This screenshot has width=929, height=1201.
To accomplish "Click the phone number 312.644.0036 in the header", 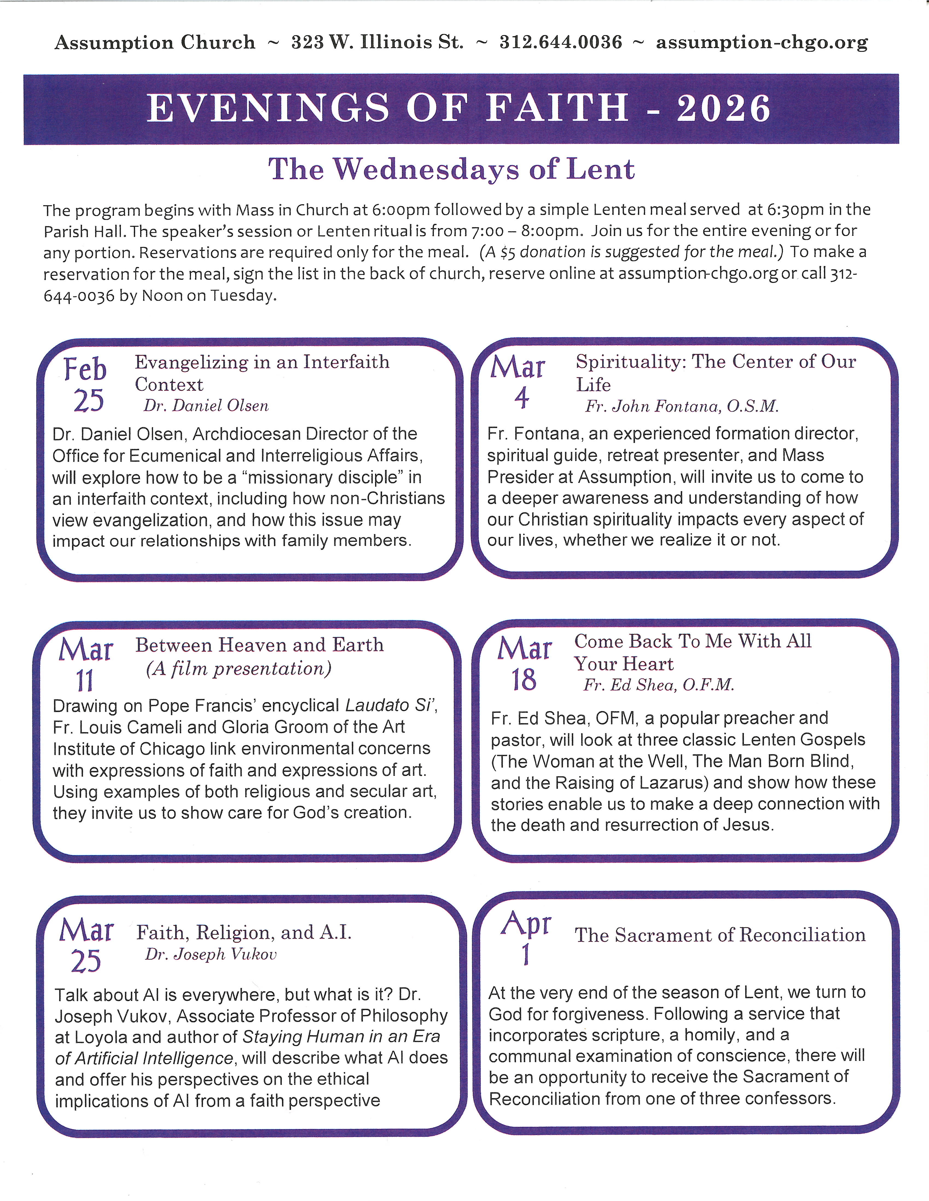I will [560, 42].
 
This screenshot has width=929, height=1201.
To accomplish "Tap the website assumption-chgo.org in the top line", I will [762, 42].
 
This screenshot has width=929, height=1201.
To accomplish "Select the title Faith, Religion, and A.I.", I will [244, 932].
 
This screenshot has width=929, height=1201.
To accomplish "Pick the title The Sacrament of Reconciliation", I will [720, 935].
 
